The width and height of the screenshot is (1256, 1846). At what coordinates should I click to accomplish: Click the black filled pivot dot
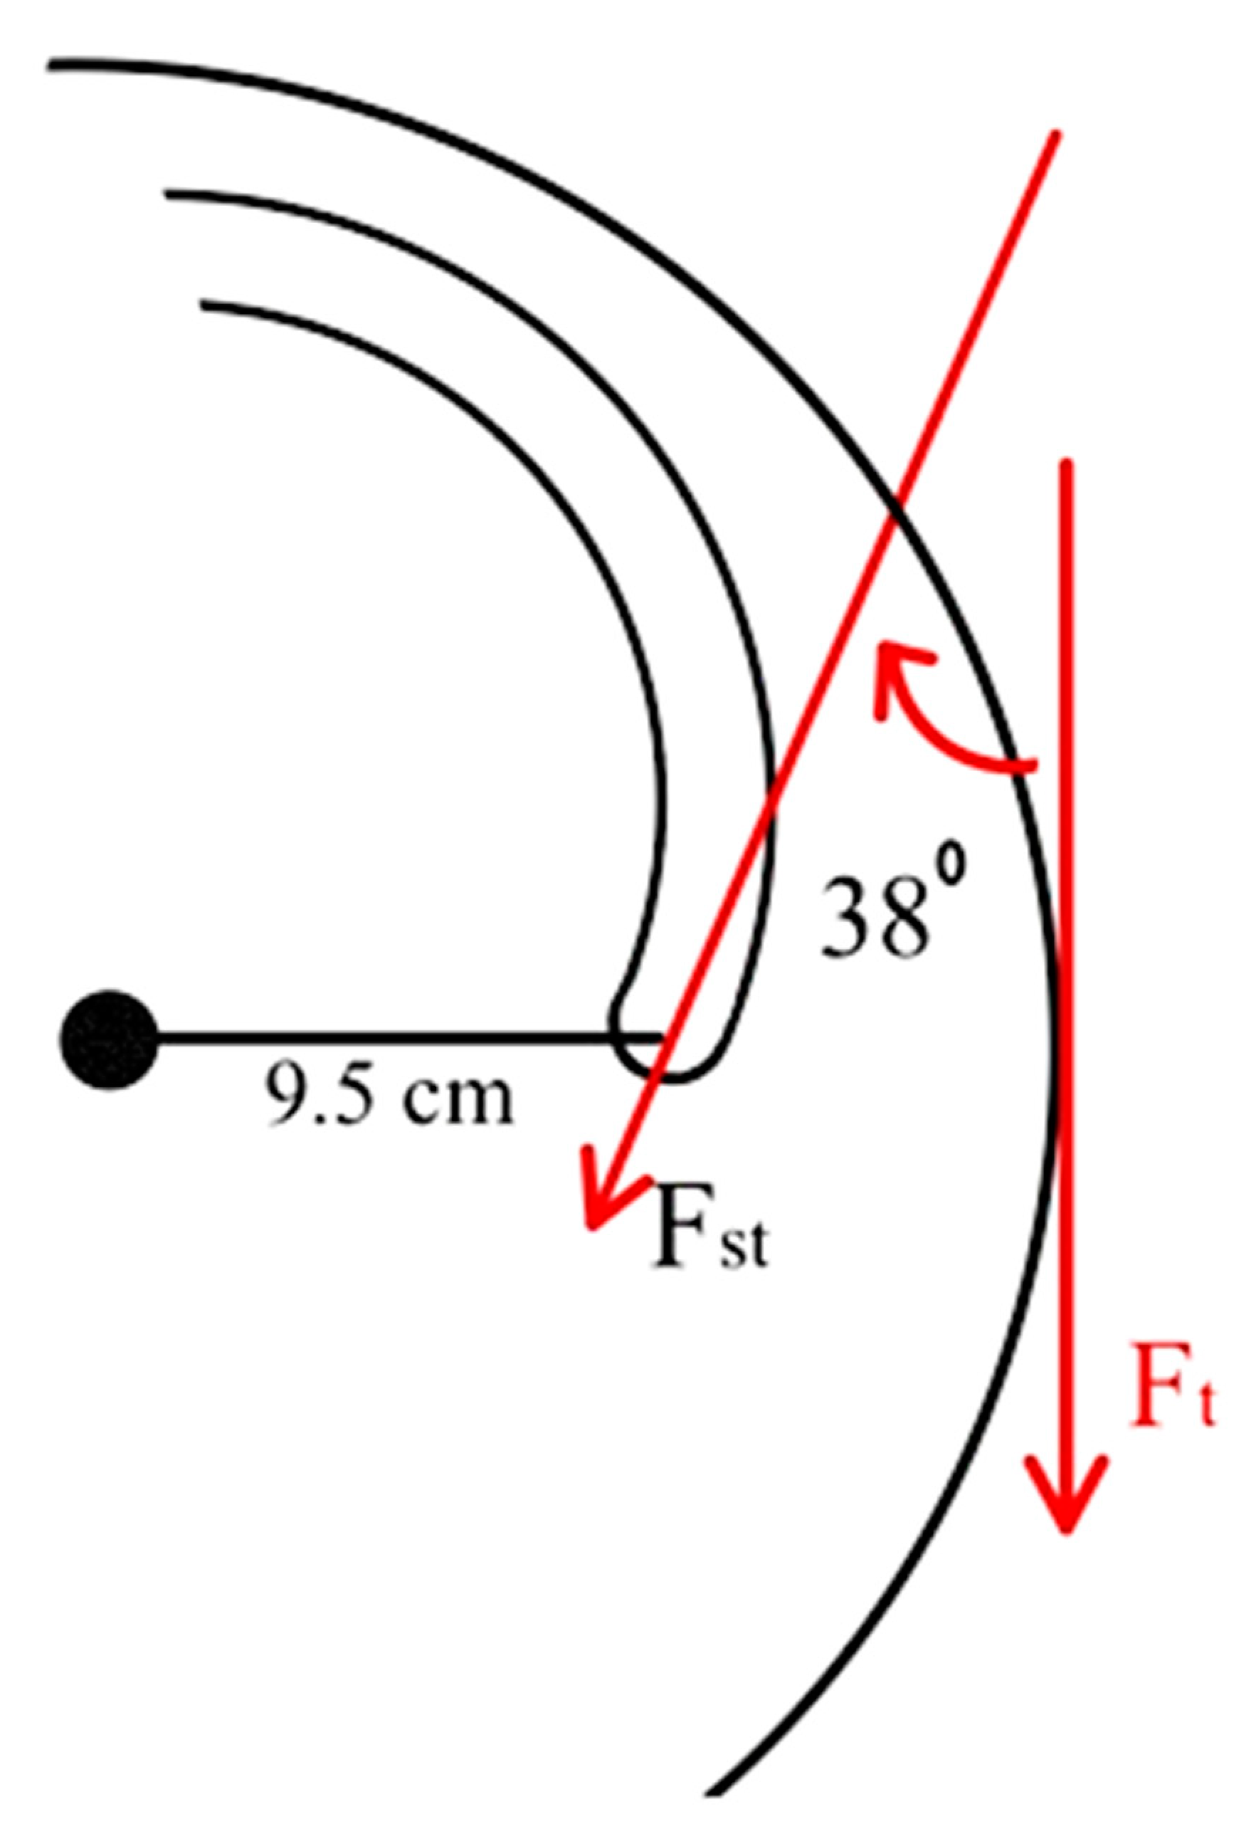point(109,1038)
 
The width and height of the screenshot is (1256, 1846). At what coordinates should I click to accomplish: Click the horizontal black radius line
point(397,1037)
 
